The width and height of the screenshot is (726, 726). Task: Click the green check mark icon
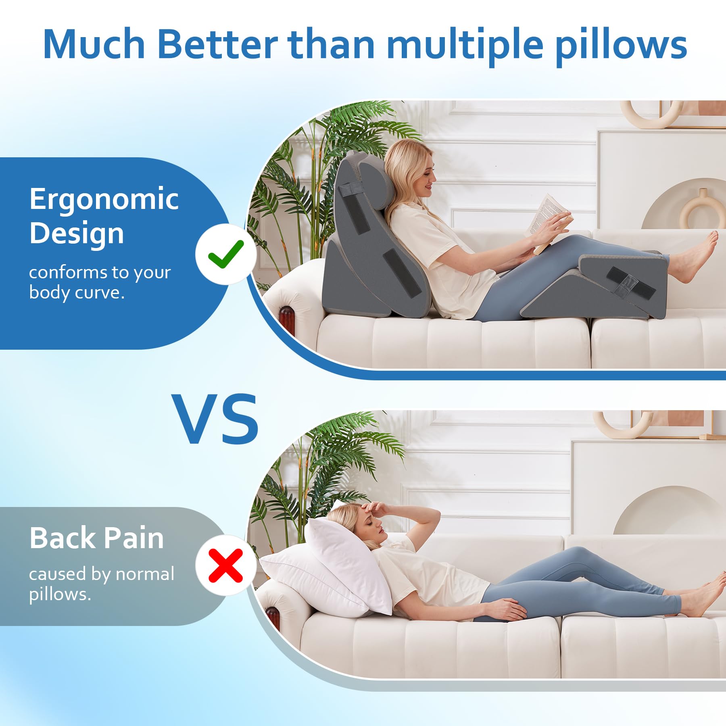pos(226,254)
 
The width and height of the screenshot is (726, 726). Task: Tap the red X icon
pos(226,565)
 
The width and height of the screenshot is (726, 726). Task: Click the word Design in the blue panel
pos(77,234)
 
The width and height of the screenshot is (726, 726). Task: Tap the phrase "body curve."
pos(77,293)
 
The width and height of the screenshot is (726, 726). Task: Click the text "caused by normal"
pos(102,574)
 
